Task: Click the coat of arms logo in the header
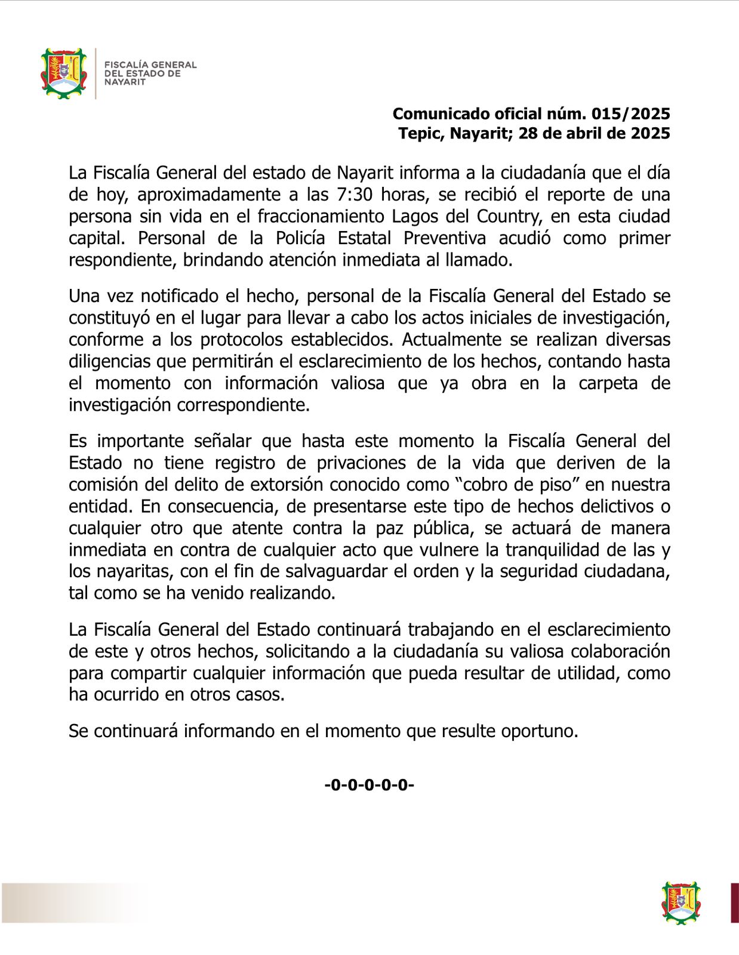[63, 73]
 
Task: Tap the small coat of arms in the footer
[681, 902]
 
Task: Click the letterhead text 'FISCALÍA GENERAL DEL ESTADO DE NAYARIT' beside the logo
[150, 73]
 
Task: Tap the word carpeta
[608, 383]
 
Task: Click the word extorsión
[281, 485]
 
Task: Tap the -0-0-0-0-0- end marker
[369, 785]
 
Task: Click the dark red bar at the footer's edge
[734, 902]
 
